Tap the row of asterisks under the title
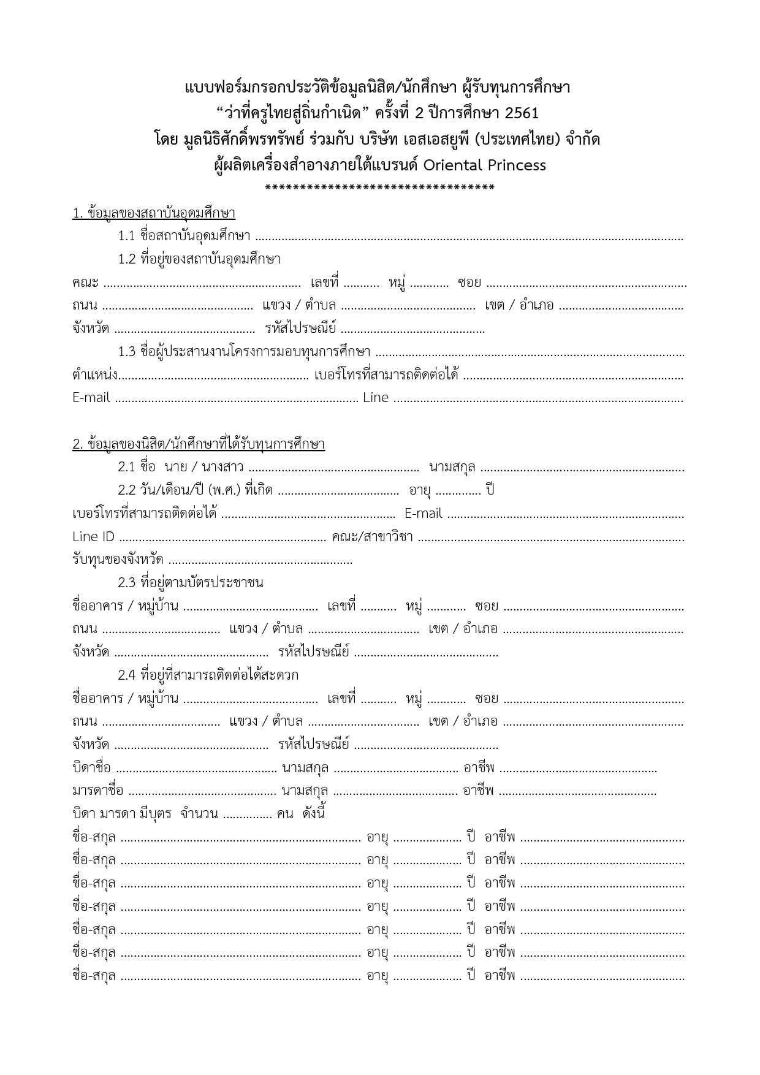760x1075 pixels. pos(380,188)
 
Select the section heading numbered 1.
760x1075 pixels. pos(154,213)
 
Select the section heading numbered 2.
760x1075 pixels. pos(199,444)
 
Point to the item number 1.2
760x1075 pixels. pos(126,259)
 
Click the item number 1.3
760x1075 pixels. pos(126,352)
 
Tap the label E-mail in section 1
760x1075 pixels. pos(91,398)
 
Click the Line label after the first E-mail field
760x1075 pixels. pos(376,398)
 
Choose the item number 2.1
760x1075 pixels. pos(126,468)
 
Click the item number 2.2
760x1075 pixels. pos(126,490)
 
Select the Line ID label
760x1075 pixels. pos(93,537)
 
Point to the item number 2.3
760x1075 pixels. pos(126,583)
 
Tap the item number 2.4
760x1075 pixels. pos(126,675)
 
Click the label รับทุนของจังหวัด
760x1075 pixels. pos(118,560)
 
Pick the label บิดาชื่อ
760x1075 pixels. pos(91,768)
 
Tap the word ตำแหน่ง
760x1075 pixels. pos(94,375)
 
